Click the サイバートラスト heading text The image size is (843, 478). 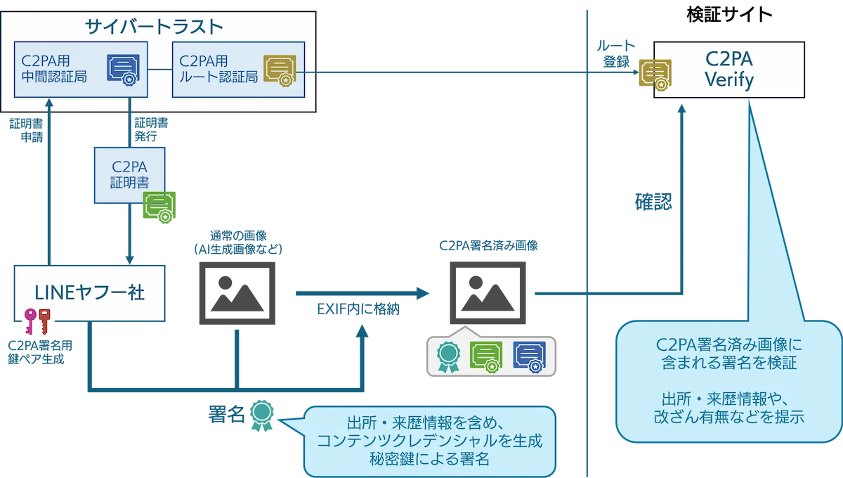(x=154, y=27)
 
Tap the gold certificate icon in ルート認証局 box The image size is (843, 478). (x=279, y=70)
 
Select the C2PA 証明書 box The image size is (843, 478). (x=129, y=175)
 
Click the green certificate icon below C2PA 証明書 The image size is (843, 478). (x=159, y=206)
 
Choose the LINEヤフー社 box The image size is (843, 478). (x=90, y=292)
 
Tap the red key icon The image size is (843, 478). (x=45, y=324)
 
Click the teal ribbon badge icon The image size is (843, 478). (x=446, y=357)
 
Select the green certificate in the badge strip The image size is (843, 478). (x=486, y=357)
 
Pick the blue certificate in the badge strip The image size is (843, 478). (x=529, y=357)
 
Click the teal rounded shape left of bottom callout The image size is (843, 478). (x=261, y=416)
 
